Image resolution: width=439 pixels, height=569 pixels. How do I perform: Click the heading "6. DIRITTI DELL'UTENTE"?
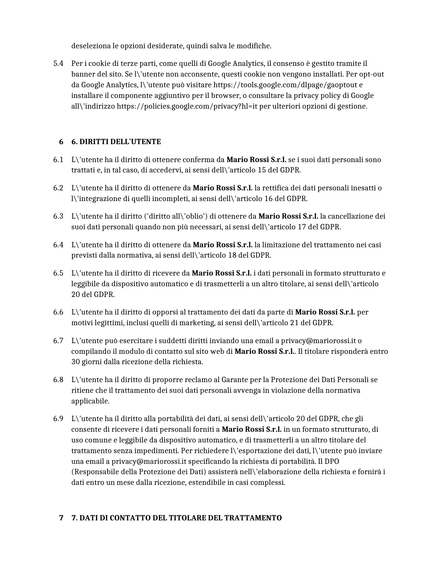pos(116,142)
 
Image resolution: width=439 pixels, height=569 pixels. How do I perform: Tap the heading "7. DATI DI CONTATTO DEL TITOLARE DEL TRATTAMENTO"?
pos(176,518)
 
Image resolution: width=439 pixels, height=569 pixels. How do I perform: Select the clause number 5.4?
pos(58,63)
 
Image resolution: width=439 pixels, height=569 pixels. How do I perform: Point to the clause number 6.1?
pos(58,160)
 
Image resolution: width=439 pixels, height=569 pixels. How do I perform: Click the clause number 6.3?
pos(58,216)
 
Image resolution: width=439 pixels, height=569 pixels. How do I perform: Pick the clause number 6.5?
pos(58,273)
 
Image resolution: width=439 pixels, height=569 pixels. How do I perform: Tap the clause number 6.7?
pos(58,341)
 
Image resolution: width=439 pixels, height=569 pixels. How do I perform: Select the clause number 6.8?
pos(58,380)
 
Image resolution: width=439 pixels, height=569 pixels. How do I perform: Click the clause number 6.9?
pos(58,419)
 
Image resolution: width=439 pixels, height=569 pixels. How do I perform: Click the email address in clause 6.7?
pos(318,341)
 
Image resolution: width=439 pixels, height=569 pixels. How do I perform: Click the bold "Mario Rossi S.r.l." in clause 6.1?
pos(256,160)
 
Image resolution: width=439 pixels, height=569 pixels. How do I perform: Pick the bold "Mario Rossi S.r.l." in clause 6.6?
pos(325,312)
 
